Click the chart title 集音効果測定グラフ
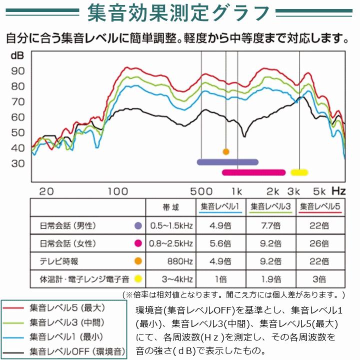[x=179, y=13]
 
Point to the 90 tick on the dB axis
[x=18, y=70]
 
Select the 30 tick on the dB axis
[x=18, y=163]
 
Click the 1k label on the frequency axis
[x=236, y=191]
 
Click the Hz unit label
[x=338, y=191]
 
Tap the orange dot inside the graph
[x=226, y=151]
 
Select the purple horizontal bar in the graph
[x=227, y=162]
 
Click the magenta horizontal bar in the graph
[x=253, y=172]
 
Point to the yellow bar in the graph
[x=299, y=172]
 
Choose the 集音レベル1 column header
[x=220, y=206]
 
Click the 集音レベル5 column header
[x=320, y=206]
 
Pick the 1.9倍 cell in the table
[x=270, y=278]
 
